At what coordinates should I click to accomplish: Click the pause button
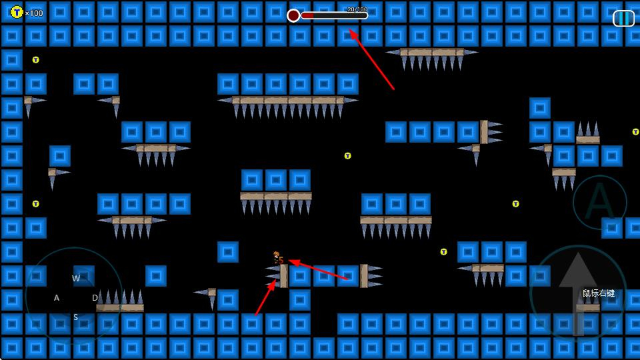pyautogui.click(x=623, y=18)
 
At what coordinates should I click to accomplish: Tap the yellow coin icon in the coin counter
pyautogui.click(x=17, y=12)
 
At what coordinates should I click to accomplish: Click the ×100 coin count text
pyautogui.click(x=34, y=13)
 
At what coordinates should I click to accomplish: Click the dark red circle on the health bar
pyautogui.click(x=293, y=15)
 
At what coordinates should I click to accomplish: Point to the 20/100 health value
pyautogui.click(x=357, y=9)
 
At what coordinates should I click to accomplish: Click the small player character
pyautogui.click(x=277, y=257)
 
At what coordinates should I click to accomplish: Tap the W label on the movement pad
pyautogui.click(x=76, y=278)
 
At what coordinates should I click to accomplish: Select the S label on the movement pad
pyautogui.click(x=75, y=317)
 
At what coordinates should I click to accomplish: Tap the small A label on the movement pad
pyautogui.click(x=57, y=298)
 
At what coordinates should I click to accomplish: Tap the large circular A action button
pyautogui.click(x=599, y=202)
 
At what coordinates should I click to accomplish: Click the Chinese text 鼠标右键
pyautogui.click(x=598, y=293)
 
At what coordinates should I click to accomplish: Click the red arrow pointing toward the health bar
pyautogui.click(x=371, y=59)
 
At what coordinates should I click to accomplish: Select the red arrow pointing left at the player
pyautogui.click(x=318, y=269)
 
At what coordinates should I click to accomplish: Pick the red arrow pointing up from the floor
pyautogui.click(x=265, y=297)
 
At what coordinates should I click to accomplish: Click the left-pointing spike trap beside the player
pyautogui.click(x=273, y=275)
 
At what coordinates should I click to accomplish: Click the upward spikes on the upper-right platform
pyautogui.click(x=587, y=129)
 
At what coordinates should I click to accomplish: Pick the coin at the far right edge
pyautogui.click(x=635, y=132)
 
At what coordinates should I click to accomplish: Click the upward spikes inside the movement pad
pyautogui.click(x=120, y=297)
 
